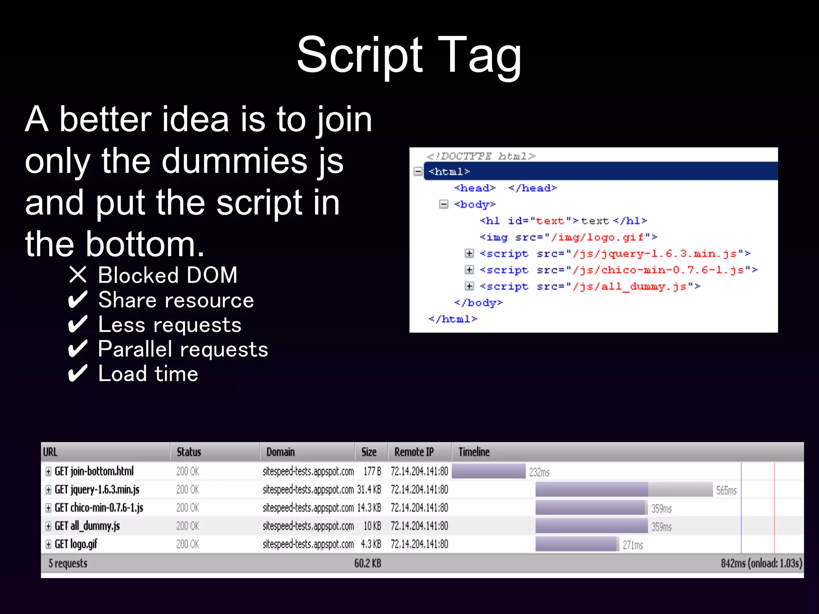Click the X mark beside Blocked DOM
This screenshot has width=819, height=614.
[78, 275]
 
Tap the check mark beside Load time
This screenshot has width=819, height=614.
[78, 374]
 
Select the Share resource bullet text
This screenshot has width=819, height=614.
[176, 300]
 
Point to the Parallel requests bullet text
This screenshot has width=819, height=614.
[183, 349]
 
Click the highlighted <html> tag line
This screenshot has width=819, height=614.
[449, 171]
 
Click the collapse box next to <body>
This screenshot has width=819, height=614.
[443, 204]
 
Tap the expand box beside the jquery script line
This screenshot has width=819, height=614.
[469, 253]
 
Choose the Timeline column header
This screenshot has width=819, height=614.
[474, 452]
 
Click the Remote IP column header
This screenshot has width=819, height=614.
[414, 452]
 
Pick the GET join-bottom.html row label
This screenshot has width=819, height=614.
[94, 471]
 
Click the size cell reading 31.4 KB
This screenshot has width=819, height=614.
[369, 490]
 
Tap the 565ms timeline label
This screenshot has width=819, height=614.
[726, 490]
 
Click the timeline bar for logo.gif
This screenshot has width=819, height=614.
[576, 544]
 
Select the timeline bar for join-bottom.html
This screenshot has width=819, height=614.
[488, 471]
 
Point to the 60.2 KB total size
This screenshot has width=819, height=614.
[368, 564]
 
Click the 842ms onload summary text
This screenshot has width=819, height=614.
[761, 564]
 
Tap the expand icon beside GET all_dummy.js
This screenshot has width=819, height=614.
[48, 526]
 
